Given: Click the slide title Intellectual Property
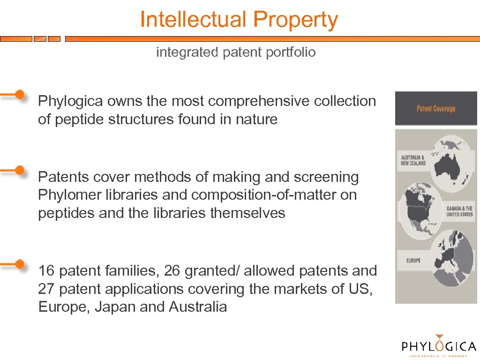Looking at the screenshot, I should tap(239, 20).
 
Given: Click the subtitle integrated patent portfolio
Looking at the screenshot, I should tap(236, 52).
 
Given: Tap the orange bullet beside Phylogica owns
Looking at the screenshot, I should tap(19, 94).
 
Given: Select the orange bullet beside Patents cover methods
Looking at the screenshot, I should tap(19, 170).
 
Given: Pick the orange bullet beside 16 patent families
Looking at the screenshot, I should tap(19, 264).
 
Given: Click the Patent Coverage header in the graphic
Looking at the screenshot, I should tap(436, 109).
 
